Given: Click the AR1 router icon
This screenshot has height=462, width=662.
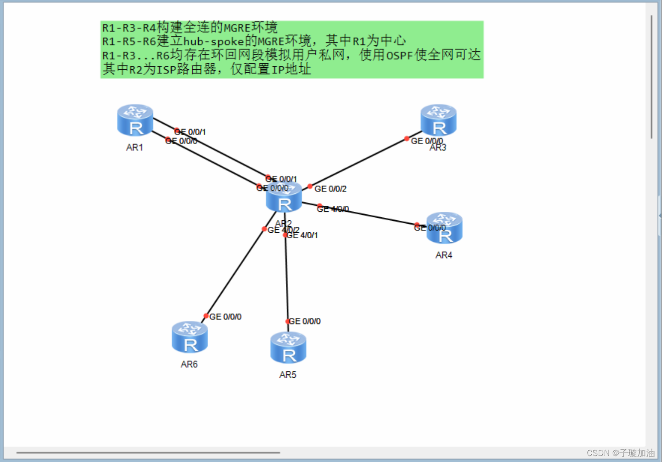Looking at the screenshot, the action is click(x=135, y=121).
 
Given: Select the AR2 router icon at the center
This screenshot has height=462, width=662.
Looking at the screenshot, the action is click(x=284, y=197).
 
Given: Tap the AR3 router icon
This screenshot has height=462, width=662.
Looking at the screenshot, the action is click(x=438, y=120).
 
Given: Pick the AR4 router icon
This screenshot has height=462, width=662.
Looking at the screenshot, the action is click(x=444, y=228).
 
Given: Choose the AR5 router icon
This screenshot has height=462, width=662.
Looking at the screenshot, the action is click(x=288, y=348).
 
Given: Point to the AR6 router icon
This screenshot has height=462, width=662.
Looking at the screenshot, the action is click(x=190, y=337).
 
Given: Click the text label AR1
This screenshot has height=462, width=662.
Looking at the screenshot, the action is click(x=134, y=148).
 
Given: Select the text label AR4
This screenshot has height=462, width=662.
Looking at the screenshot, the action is click(x=444, y=255).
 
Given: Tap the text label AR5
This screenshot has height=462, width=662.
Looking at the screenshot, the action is click(x=288, y=375).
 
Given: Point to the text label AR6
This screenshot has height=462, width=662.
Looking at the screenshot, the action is click(x=189, y=364).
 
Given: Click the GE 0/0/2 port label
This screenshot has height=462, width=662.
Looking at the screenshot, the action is click(x=330, y=189).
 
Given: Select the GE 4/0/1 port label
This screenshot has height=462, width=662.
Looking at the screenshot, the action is click(x=302, y=235).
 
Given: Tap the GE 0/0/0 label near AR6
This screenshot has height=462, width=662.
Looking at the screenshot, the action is click(x=225, y=317).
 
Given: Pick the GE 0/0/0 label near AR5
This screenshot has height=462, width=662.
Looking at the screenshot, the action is click(x=305, y=321).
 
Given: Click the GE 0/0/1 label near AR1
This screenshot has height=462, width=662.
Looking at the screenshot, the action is click(x=190, y=132).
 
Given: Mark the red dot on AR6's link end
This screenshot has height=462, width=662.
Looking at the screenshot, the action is click(x=206, y=316).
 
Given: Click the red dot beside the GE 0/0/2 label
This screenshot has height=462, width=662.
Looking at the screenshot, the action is click(x=310, y=186).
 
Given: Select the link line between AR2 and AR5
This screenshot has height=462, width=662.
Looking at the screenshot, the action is click(x=286, y=279).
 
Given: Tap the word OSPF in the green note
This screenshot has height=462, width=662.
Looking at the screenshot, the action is click(x=399, y=55).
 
